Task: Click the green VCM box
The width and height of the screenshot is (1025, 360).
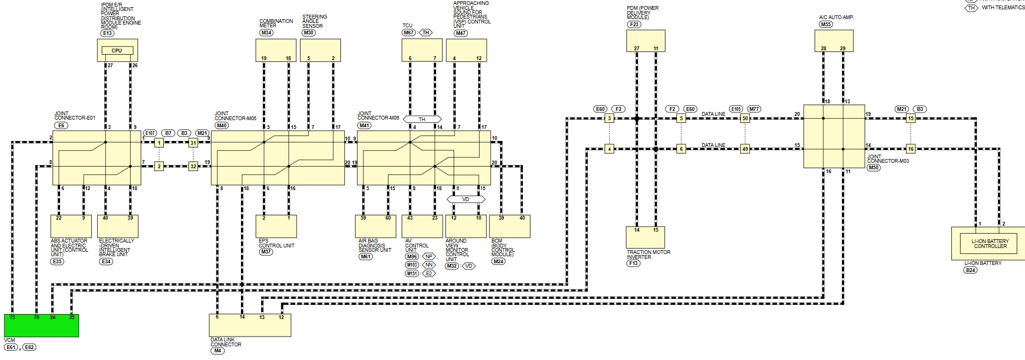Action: [x=42, y=326]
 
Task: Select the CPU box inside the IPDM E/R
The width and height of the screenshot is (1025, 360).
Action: [x=117, y=51]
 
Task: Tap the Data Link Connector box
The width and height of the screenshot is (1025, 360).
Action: [x=250, y=326]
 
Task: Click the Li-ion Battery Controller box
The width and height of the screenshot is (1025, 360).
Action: [x=990, y=244]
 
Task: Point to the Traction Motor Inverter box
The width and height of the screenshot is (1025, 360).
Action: [x=645, y=238]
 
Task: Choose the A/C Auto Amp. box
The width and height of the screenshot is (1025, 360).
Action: [x=834, y=41]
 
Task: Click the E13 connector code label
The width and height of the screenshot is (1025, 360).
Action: [x=108, y=33]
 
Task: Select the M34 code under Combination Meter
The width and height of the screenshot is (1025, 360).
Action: [x=266, y=33]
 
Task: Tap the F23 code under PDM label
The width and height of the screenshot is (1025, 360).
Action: [x=634, y=25]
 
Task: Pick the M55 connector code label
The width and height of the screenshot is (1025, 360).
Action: [x=826, y=25]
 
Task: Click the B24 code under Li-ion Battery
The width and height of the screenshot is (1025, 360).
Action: [x=970, y=270]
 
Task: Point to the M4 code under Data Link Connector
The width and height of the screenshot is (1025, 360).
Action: [x=217, y=351]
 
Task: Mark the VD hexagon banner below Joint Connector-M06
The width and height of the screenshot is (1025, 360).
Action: [x=466, y=199]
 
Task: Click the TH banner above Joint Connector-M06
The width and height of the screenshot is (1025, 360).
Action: [x=422, y=119]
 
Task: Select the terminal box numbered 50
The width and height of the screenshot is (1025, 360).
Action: [x=745, y=119]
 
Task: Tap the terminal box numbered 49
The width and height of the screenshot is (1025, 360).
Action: [x=745, y=149]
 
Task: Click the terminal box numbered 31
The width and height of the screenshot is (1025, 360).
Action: [x=193, y=143]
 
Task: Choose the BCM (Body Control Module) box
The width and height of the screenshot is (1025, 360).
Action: [x=510, y=227]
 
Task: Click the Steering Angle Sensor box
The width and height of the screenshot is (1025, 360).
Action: [x=320, y=50]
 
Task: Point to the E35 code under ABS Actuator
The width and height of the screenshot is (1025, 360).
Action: [x=57, y=262]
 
